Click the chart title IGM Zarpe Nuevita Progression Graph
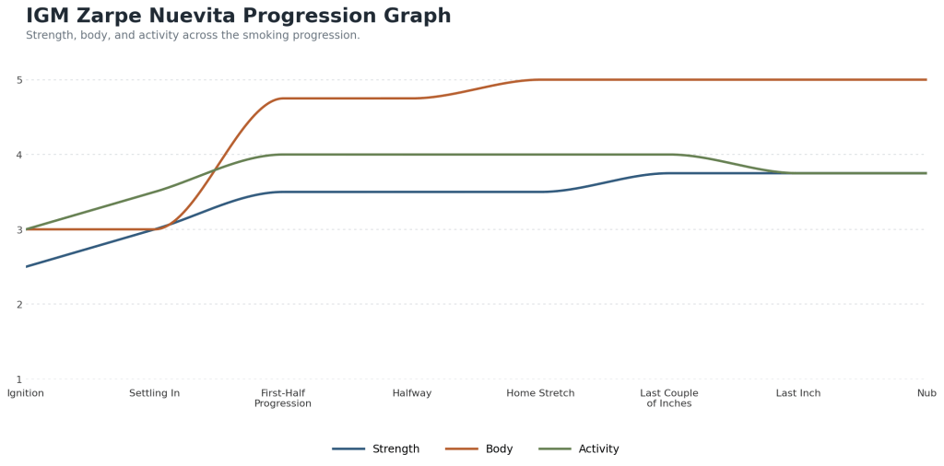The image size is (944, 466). [x=239, y=16]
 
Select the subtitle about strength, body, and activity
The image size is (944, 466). [x=193, y=36]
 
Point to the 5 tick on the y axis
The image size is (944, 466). [x=18, y=80]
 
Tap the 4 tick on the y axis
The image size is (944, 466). [x=18, y=155]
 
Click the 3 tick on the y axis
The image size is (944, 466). [x=18, y=229]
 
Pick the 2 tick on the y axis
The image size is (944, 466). [x=18, y=304]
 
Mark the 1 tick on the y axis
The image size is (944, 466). [x=18, y=379]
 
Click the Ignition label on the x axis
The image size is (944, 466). [x=26, y=393]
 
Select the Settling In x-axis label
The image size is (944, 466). [x=154, y=393]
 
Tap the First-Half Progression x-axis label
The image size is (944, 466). [x=283, y=398]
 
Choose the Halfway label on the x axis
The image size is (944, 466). [x=412, y=393]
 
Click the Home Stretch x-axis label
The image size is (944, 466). [x=540, y=393]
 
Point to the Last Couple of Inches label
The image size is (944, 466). [x=669, y=398]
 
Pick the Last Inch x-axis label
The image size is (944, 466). [x=798, y=393]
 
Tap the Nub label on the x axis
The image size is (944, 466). [x=927, y=393]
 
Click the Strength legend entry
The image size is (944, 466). [x=376, y=449]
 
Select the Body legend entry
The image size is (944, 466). [x=479, y=449]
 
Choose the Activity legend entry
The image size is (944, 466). [x=579, y=449]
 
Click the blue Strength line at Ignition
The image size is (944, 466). [x=26, y=266]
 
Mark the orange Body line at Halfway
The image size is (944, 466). [x=412, y=99]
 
